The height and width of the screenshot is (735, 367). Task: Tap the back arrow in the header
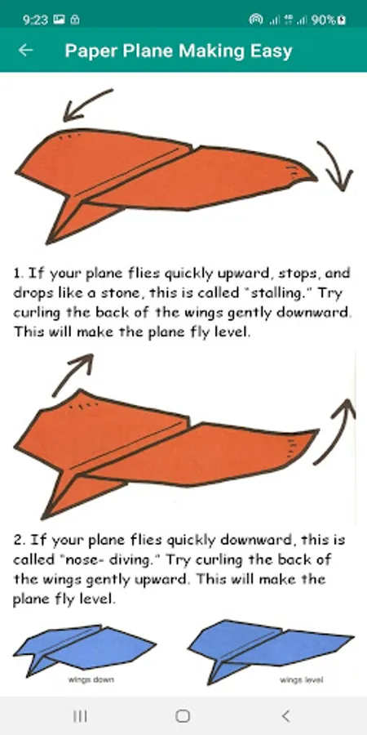pos(25,50)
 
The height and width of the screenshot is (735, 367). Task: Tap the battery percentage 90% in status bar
pos(323,20)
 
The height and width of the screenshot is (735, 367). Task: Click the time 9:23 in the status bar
pos(35,20)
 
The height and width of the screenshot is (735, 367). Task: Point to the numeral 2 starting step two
pos(18,540)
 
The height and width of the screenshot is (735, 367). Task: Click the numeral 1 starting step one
pos(18,274)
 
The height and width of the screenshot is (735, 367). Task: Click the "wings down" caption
pos(91,679)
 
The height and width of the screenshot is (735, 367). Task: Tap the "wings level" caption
pos(302,679)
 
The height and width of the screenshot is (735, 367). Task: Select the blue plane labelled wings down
pos(84,649)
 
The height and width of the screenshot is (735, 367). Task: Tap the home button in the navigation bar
pos(183,715)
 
